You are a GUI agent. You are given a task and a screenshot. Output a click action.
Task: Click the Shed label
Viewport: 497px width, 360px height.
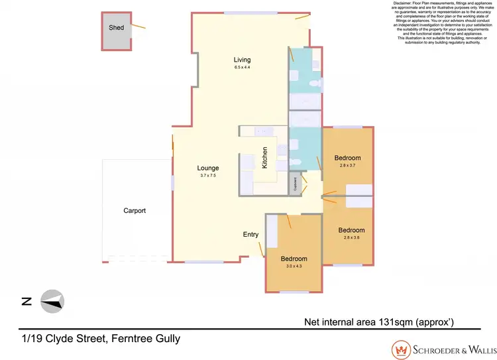(116, 28)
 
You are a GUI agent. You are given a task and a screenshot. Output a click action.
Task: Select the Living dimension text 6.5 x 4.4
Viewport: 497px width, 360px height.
(242, 68)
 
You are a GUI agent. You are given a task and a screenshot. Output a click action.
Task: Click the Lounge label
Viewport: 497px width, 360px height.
(208, 168)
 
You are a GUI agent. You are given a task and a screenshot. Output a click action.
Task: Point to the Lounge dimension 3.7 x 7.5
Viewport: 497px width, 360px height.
(208, 175)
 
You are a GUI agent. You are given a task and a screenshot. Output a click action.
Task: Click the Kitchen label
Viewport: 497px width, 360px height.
(265, 158)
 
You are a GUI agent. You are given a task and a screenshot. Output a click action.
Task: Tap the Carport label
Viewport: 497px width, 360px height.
(135, 211)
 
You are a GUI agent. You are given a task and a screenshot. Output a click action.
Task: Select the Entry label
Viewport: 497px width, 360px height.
(250, 235)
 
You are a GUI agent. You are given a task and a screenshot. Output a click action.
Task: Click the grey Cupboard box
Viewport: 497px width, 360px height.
(296, 184)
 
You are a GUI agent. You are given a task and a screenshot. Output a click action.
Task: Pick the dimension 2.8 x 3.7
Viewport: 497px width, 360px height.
(347, 165)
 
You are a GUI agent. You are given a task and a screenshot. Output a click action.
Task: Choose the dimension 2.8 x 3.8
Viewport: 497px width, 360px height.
(351, 238)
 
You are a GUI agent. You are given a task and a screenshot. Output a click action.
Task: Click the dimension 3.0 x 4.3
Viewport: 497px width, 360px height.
(294, 266)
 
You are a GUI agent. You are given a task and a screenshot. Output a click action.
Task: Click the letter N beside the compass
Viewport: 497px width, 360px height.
(27, 302)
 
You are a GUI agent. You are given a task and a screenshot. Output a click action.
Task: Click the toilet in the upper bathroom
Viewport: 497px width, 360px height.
(317, 86)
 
